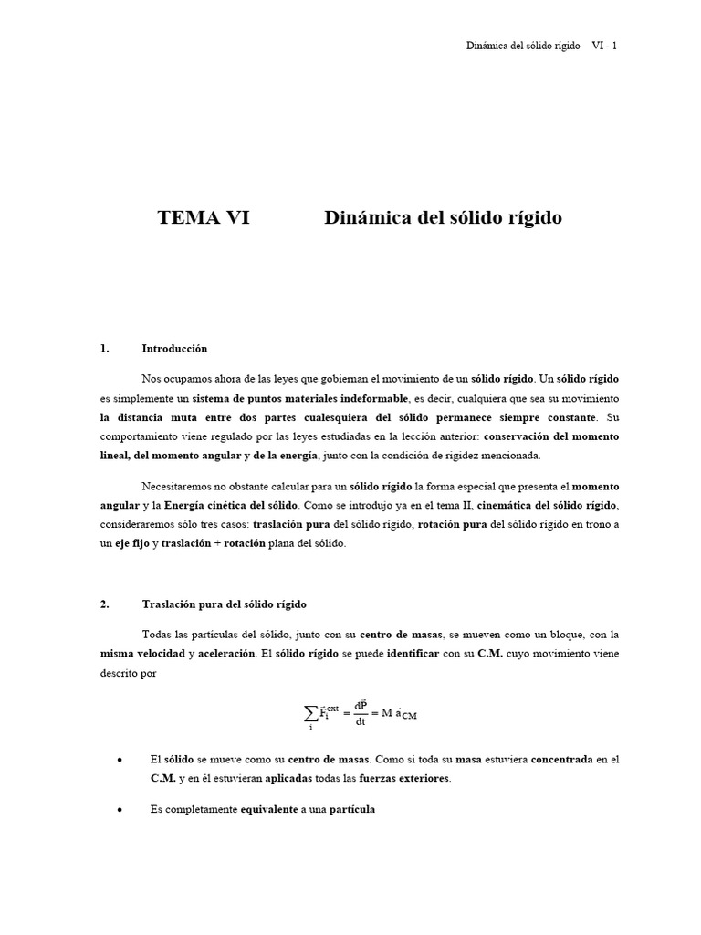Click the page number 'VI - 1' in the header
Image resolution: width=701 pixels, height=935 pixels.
tap(605, 47)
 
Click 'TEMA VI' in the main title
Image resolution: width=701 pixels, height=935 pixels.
tap(203, 218)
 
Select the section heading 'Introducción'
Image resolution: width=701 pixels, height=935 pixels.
tap(174, 348)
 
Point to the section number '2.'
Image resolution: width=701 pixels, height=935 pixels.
tap(105, 604)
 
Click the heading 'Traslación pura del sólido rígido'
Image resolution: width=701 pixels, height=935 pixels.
tap(224, 604)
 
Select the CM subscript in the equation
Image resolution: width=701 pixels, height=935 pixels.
tap(408, 717)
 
